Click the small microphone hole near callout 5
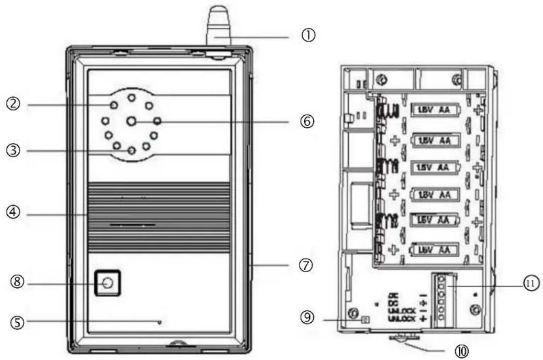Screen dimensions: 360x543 [x=159, y=322]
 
